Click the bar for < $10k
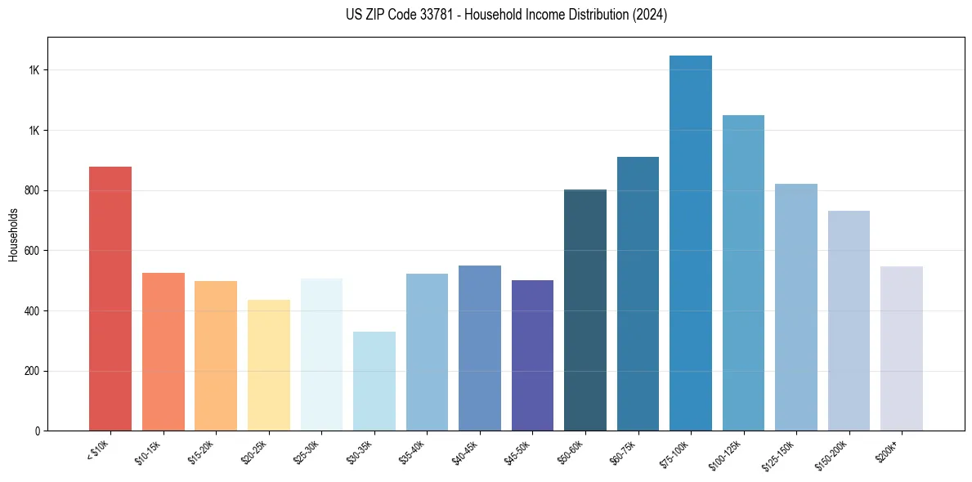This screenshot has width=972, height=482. tap(110, 298)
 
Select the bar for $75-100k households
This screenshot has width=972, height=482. tap(691, 243)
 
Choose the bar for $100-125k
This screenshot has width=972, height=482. tap(743, 273)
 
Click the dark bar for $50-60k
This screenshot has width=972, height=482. tap(585, 310)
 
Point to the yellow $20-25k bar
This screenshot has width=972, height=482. tap(269, 365)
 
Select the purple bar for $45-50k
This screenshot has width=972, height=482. tap(532, 355)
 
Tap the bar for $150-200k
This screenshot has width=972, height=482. tap(849, 320)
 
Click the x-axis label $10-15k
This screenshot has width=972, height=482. tap(150, 450)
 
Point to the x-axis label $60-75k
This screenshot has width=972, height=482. tap(625, 450)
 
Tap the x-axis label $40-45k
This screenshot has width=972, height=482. tap(466, 450)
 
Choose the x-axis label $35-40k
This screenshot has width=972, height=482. tap(414, 450)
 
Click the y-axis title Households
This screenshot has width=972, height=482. tap(13, 234)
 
